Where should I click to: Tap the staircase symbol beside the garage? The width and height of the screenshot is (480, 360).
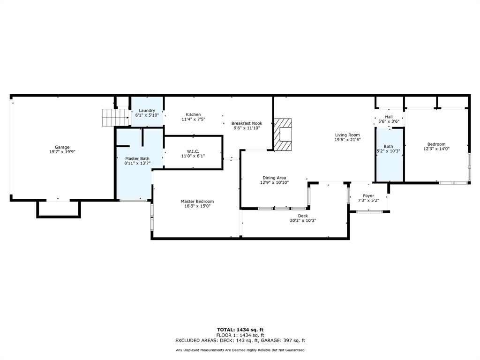(x=115, y=117)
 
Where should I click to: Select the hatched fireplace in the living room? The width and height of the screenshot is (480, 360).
(x=283, y=134)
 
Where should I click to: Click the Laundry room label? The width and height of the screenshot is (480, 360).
(x=147, y=111)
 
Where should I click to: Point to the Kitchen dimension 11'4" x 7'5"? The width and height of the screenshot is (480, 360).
(x=193, y=120)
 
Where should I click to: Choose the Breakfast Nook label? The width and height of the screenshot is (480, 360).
(x=247, y=123)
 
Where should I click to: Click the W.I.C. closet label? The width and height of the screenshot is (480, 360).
(x=193, y=151)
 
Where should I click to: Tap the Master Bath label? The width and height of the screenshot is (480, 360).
(x=137, y=159)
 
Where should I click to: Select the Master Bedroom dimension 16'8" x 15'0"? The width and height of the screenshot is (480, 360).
(x=197, y=206)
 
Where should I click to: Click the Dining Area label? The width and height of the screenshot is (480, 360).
(x=274, y=178)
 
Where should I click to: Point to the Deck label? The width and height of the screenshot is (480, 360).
(x=303, y=216)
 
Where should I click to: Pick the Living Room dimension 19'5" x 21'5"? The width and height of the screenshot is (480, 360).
(x=347, y=140)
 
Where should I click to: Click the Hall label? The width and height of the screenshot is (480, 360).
(x=389, y=117)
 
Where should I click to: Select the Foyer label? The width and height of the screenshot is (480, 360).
(x=368, y=195)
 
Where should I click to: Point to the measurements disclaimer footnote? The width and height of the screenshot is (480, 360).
(x=240, y=350)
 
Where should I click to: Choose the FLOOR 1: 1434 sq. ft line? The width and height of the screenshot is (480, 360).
(x=240, y=335)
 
